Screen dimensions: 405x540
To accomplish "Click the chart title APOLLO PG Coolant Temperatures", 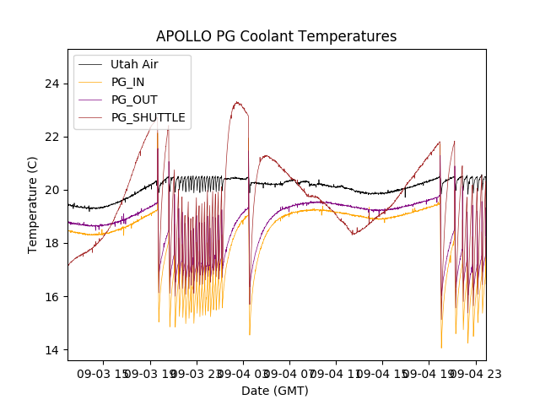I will click(276, 36).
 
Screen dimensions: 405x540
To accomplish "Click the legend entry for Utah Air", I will click(134, 64).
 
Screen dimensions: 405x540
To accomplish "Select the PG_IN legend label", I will click(128, 82).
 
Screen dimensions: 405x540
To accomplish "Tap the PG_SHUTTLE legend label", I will click(148, 117).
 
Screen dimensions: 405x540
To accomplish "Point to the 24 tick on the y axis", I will click(52, 84).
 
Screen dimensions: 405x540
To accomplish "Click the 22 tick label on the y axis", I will click(52, 137).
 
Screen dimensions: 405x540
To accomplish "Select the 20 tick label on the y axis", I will click(52, 190).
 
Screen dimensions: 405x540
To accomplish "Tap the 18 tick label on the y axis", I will click(52, 243).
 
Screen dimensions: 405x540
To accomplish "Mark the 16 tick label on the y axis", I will click(52, 296).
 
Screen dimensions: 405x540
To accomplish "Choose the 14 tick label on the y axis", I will click(52, 349).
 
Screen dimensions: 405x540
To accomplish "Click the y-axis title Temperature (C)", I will click(33, 205).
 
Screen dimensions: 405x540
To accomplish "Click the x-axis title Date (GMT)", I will click(275, 391).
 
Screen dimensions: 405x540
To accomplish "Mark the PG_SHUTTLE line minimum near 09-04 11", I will click(354, 234).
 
